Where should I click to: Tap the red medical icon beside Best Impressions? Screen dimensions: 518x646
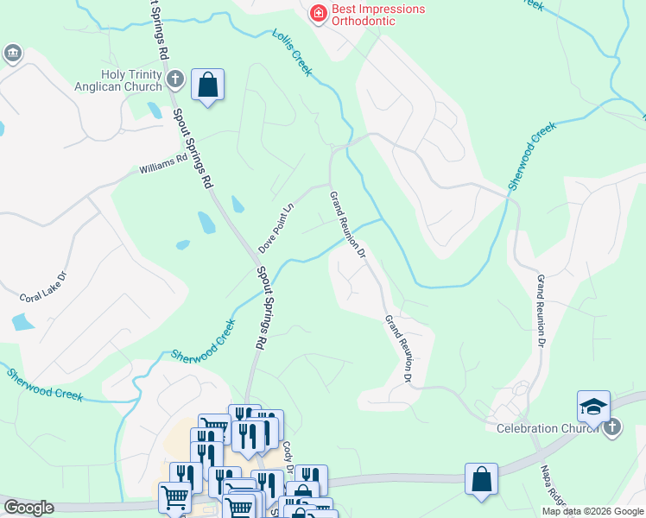318,12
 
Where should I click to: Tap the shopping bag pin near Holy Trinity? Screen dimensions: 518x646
207,85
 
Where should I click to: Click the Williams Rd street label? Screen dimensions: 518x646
163,164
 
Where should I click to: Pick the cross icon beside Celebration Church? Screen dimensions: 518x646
611,427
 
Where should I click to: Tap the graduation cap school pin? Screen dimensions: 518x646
593,406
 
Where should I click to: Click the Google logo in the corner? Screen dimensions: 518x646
28,508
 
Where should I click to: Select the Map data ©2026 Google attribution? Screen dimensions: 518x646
592,511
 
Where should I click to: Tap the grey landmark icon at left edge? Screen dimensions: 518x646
12,54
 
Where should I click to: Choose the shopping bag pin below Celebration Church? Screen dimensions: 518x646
481,479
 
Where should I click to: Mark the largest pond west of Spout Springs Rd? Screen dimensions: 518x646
207,223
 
